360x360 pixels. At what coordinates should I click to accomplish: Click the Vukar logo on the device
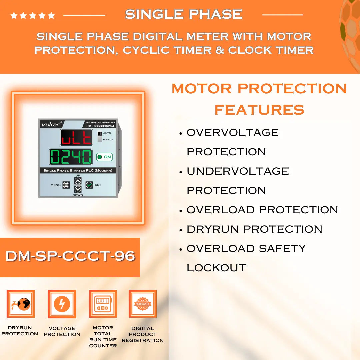(x=50, y=124)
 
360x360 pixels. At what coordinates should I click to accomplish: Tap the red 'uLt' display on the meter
(x=76, y=137)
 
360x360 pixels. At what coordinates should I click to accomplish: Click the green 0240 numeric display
(x=71, y=157)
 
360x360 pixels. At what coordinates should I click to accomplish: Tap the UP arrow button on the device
(x=78, y=181)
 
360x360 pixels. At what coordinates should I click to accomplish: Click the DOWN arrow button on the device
(x=78, y=189)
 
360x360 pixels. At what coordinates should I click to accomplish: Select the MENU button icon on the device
(x=66, y=185)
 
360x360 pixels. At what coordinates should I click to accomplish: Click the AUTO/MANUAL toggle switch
(x=99, y=136)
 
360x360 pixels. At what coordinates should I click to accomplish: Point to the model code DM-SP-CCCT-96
(x=70, y=256)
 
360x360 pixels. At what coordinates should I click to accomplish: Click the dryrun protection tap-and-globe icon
(x=21, y=304)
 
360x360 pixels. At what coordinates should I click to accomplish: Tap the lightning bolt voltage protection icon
(x=62, y=304)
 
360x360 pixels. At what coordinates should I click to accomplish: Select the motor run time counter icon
(x=103, y=304)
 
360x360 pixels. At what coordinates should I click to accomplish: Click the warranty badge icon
(x=143, y=304)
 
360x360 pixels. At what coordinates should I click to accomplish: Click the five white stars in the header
(x=33, y=15)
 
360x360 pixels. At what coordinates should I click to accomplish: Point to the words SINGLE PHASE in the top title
(x=183, y=14)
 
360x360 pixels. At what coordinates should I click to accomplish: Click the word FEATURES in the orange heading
(x=259, y=110)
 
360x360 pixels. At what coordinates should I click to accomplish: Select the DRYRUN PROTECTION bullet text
(x=254, y=229)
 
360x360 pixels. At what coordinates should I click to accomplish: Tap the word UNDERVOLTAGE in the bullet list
(x=237, y=171)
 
